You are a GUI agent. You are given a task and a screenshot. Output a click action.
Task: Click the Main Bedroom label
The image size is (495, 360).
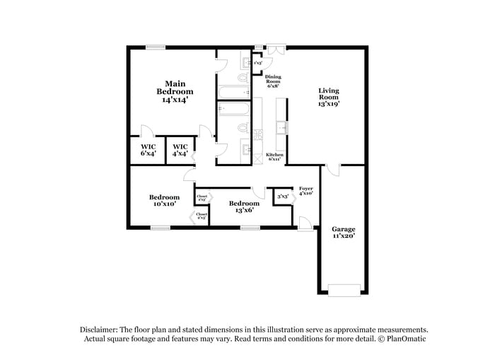coord(175,91)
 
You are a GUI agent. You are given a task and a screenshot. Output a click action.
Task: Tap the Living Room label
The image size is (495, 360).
coord(329,96)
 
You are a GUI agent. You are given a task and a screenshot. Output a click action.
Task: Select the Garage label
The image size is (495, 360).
coord(344,233)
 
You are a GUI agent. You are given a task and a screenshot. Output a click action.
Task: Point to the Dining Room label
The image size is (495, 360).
coord(273,81)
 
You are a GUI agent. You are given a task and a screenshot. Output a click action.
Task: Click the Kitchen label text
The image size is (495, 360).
coord(274,157)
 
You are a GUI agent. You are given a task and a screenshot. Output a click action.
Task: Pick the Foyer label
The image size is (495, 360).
coord(305,190)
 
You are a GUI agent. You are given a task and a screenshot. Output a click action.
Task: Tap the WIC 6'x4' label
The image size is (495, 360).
coord(147,150)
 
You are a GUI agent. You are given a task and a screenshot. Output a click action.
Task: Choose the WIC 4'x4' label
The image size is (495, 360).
coord(180,150)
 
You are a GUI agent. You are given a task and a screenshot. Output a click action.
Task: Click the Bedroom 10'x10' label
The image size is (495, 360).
coord(164,200)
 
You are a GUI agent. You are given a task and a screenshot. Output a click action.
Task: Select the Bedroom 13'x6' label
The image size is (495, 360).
coord(244,206)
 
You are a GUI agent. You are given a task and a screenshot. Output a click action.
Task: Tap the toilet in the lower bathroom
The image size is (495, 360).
coord(243,128)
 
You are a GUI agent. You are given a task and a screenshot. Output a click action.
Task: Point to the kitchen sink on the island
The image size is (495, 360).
coord(281,127)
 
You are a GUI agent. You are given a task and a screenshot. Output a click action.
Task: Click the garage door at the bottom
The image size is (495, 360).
coord(344,289)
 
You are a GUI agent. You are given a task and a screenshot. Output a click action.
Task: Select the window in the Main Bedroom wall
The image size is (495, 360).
coord(156,47)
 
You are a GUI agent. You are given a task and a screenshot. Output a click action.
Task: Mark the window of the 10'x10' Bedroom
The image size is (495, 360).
coord(161,227)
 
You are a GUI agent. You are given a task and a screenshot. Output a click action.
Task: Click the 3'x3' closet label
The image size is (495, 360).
coord(282,197)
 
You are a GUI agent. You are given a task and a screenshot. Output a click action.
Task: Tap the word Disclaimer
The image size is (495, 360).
coord(98,330)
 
